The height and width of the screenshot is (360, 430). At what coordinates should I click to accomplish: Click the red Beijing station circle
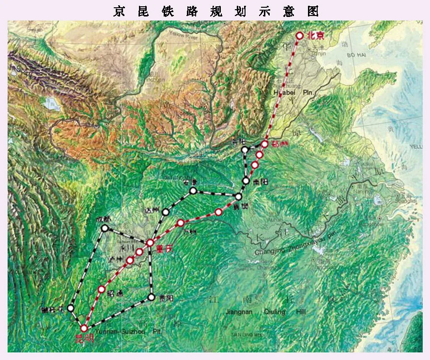(x=300, y=35)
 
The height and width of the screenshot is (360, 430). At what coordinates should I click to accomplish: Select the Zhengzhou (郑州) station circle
(x=265, y=144)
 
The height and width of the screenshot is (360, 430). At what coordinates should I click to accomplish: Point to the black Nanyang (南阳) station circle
(x=246, y=181)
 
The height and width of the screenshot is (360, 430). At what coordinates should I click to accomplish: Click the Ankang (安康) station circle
(x=193, y=190)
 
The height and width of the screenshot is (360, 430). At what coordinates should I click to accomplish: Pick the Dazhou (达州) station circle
(x=166, y=212)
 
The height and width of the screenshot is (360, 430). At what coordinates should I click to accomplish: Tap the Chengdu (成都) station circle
(x=105, y=227)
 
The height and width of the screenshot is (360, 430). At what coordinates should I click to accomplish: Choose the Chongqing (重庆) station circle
(x=150, y=242)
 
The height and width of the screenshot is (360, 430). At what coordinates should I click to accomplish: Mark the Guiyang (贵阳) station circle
(x=152, y=297)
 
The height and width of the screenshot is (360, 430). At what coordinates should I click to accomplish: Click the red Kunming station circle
(x=84, y=328)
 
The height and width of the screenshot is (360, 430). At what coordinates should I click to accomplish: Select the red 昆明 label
(x=83, y=339)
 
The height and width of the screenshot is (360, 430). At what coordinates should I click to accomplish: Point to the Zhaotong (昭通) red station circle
(x=102, y=289)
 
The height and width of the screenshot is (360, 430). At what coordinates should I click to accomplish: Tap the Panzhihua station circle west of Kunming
(x=71, y=308)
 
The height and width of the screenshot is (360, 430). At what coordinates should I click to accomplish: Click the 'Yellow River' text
(x=183, y=34)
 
